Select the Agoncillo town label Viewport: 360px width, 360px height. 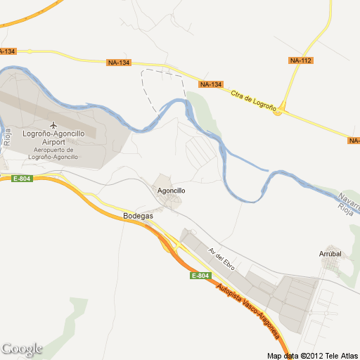point(171,191)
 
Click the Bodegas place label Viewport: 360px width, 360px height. point(138,216)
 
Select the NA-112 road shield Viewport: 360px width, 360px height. point(300,61)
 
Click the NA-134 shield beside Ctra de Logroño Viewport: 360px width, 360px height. point(210,84)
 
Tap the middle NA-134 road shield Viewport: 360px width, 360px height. point(119,63)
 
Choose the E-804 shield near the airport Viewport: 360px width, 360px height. point(22,179)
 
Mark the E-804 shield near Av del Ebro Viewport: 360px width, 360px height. point(200,276)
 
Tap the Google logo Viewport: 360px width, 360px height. point(22,349)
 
